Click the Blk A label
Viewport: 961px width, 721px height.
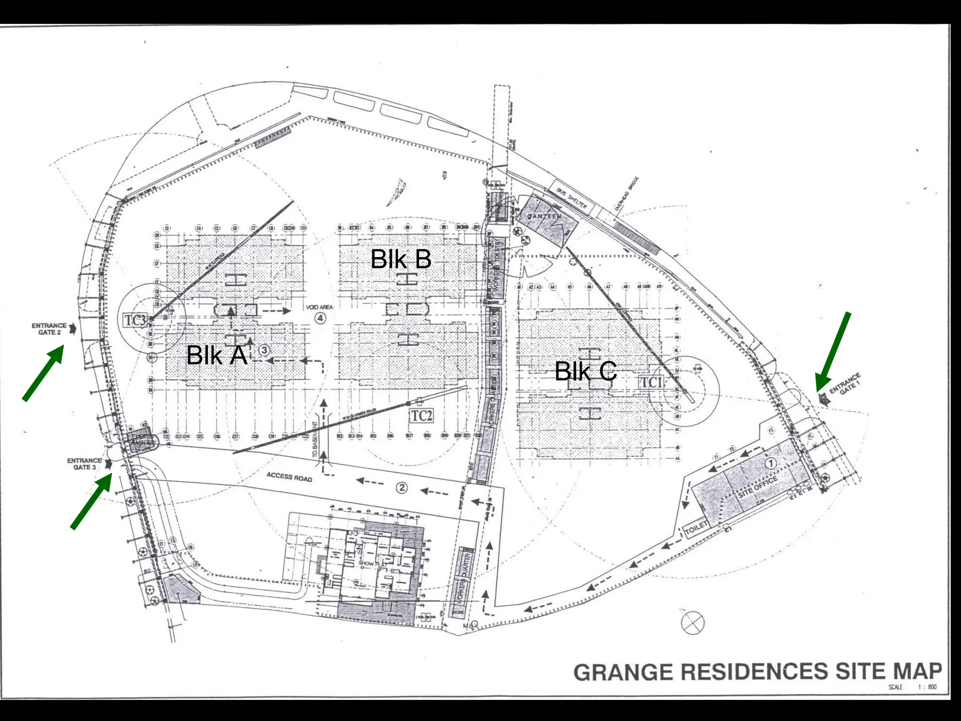216,355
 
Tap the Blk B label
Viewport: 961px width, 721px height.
401,259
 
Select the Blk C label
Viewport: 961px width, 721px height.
585,371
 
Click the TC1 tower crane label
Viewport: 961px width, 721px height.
651,383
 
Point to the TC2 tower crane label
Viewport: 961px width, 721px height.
421,416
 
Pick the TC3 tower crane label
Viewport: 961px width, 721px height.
135,321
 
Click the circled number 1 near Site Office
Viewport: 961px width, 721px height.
770,463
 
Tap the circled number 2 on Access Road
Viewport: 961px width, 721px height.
402,488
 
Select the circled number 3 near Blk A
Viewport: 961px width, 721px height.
264,350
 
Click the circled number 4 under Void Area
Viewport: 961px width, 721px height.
320,318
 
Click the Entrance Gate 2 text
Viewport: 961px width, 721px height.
49,329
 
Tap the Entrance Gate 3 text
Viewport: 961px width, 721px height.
84,464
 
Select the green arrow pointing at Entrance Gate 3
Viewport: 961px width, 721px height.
92,500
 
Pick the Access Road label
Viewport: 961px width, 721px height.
289,477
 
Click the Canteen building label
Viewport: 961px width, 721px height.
544,216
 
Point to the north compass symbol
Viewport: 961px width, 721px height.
693,623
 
